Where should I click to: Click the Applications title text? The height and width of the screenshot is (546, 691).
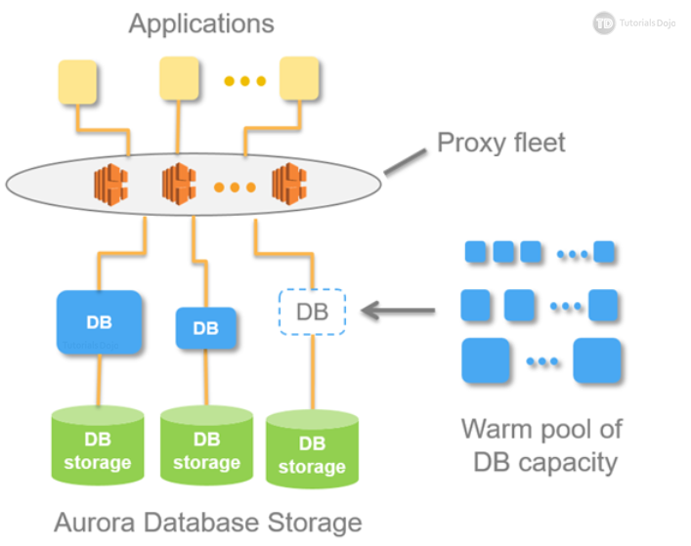point(201,22)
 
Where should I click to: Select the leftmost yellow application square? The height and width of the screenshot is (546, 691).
point(78,83)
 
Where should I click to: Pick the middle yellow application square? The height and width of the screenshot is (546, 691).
point(180,78)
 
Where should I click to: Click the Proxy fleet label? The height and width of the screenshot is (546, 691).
point(500,144)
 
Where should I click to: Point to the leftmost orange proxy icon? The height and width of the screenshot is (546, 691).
point(111,182)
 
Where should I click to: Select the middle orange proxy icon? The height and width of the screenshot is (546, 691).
point(180,182)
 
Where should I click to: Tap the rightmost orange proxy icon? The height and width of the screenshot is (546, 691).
point(290,182)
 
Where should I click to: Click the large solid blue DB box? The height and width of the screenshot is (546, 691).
point(100,321)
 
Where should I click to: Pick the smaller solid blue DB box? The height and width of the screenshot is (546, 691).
point(206,328)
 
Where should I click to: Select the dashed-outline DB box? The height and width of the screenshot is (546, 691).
point(312,313)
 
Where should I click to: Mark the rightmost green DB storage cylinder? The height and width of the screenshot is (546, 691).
point(312,454)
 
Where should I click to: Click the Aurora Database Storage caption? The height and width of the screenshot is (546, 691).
point(206,522)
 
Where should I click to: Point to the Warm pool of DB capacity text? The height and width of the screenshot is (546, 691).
point(540,444)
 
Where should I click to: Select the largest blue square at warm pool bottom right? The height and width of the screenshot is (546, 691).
point(597,360)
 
